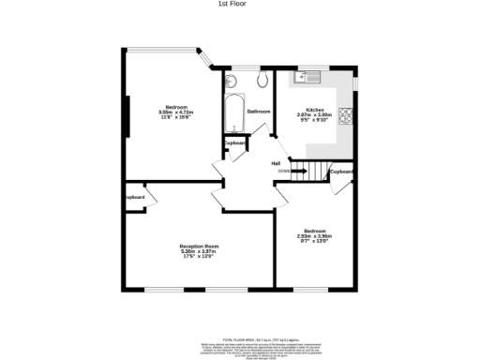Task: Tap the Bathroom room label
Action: click(259, 112)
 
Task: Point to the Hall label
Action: click(277, 163)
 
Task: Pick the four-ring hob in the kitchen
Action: click(346, 117)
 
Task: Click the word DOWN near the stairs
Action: click(283, 172)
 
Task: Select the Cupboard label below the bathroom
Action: click(234, 143)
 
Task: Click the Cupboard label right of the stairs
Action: click(341, 172)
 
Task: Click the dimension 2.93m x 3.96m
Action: click(314, 235)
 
